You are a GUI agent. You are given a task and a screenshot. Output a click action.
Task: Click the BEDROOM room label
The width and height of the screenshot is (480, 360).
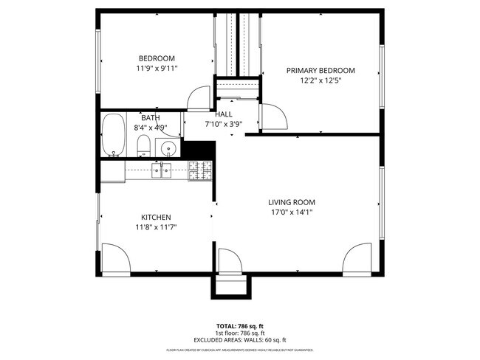157,59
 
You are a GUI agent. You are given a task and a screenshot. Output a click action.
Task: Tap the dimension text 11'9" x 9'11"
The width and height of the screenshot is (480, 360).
157,69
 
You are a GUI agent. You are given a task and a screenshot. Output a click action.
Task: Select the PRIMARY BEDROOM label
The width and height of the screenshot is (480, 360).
320,71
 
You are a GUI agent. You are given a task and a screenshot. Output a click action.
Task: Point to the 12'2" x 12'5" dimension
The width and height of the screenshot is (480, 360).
320,80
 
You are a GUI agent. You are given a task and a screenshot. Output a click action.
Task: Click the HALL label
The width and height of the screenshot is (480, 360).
224,114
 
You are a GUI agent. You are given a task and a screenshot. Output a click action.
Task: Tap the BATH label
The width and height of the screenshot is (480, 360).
151,118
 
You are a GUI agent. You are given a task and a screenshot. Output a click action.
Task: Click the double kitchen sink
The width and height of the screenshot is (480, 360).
162,171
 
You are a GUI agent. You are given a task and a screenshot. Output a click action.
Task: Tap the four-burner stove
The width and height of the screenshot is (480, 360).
199,171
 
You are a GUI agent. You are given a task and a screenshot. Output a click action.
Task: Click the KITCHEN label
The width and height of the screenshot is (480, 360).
156,218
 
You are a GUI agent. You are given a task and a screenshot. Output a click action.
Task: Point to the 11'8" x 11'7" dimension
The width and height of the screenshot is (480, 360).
156,227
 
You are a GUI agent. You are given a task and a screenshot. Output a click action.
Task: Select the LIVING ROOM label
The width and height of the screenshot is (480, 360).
291,202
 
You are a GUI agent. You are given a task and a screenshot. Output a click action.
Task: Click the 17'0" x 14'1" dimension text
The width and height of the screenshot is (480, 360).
291,212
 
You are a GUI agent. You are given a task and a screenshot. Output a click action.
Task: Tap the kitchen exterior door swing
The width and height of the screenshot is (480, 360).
115,260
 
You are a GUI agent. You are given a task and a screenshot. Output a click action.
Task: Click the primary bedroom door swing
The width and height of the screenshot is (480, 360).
271,117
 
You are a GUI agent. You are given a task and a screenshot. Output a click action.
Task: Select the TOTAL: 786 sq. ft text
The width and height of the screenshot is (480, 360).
240,325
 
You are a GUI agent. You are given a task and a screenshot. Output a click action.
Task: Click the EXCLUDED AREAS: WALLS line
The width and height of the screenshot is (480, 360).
240,339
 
